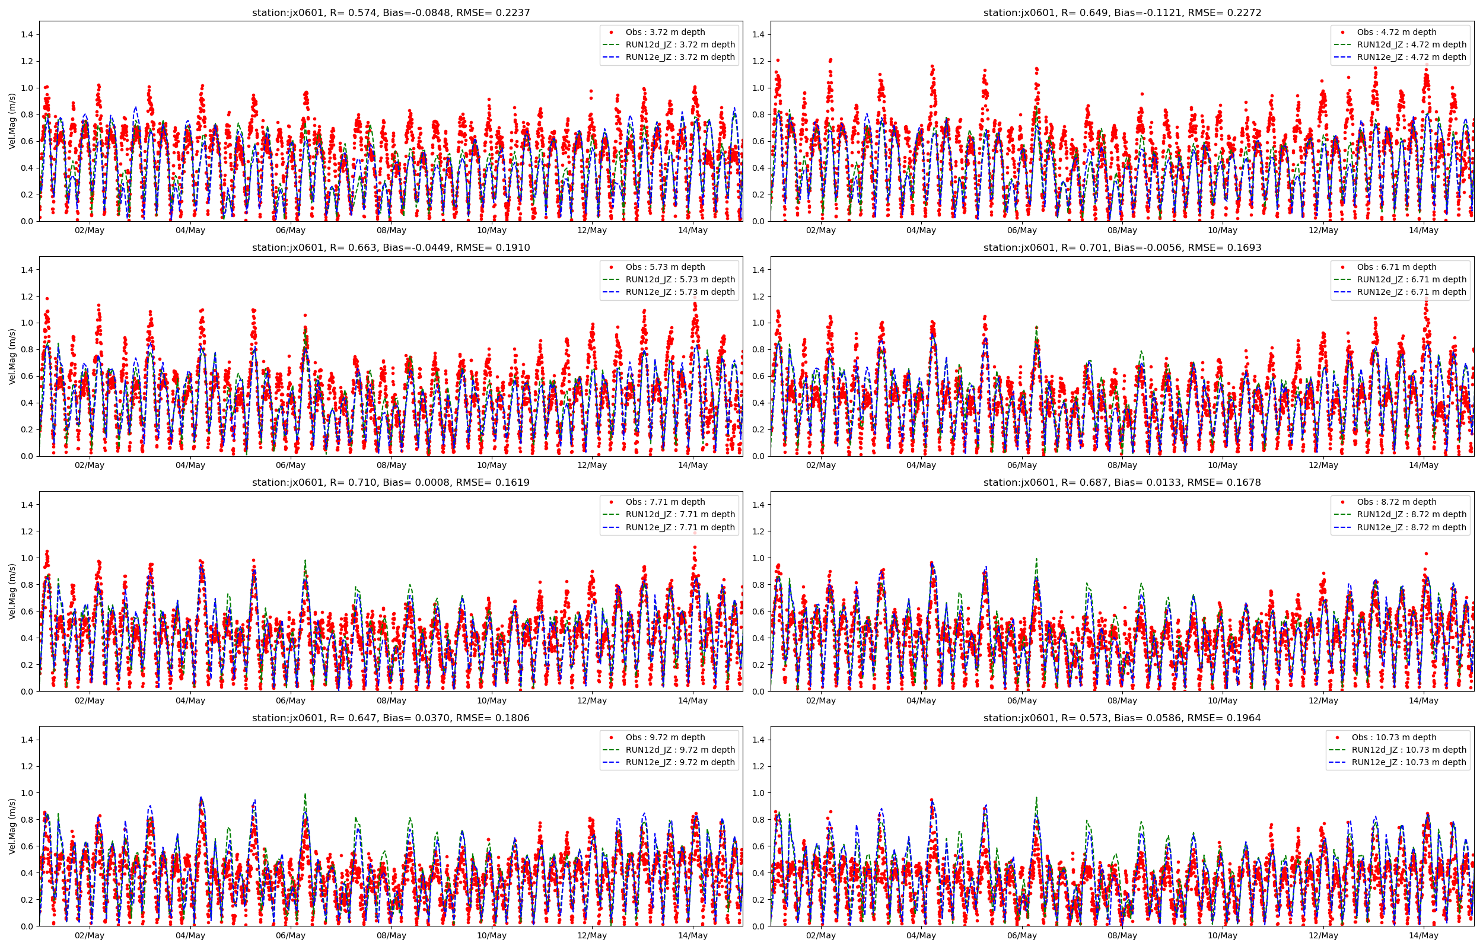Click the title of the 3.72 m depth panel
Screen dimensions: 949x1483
390,12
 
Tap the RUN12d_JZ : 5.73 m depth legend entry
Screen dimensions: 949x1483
680,280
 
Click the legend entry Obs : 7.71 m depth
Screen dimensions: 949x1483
665,502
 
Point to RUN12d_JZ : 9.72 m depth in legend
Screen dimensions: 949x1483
680,750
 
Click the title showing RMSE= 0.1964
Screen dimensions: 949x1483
1122,718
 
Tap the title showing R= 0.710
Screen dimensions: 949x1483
390,483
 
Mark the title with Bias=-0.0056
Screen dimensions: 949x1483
1122,248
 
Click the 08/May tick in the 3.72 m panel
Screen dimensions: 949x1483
392,231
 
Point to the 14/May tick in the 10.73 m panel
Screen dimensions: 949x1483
1424,936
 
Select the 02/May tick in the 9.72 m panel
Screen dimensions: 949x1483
90,936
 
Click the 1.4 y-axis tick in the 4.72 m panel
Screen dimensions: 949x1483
759,34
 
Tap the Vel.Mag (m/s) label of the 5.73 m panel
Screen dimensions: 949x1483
12,356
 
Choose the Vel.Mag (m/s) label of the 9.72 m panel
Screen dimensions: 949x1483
12,826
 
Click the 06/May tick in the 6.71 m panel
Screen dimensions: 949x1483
1021,465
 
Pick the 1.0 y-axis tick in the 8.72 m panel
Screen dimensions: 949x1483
759,558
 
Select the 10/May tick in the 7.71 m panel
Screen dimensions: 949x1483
492,700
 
